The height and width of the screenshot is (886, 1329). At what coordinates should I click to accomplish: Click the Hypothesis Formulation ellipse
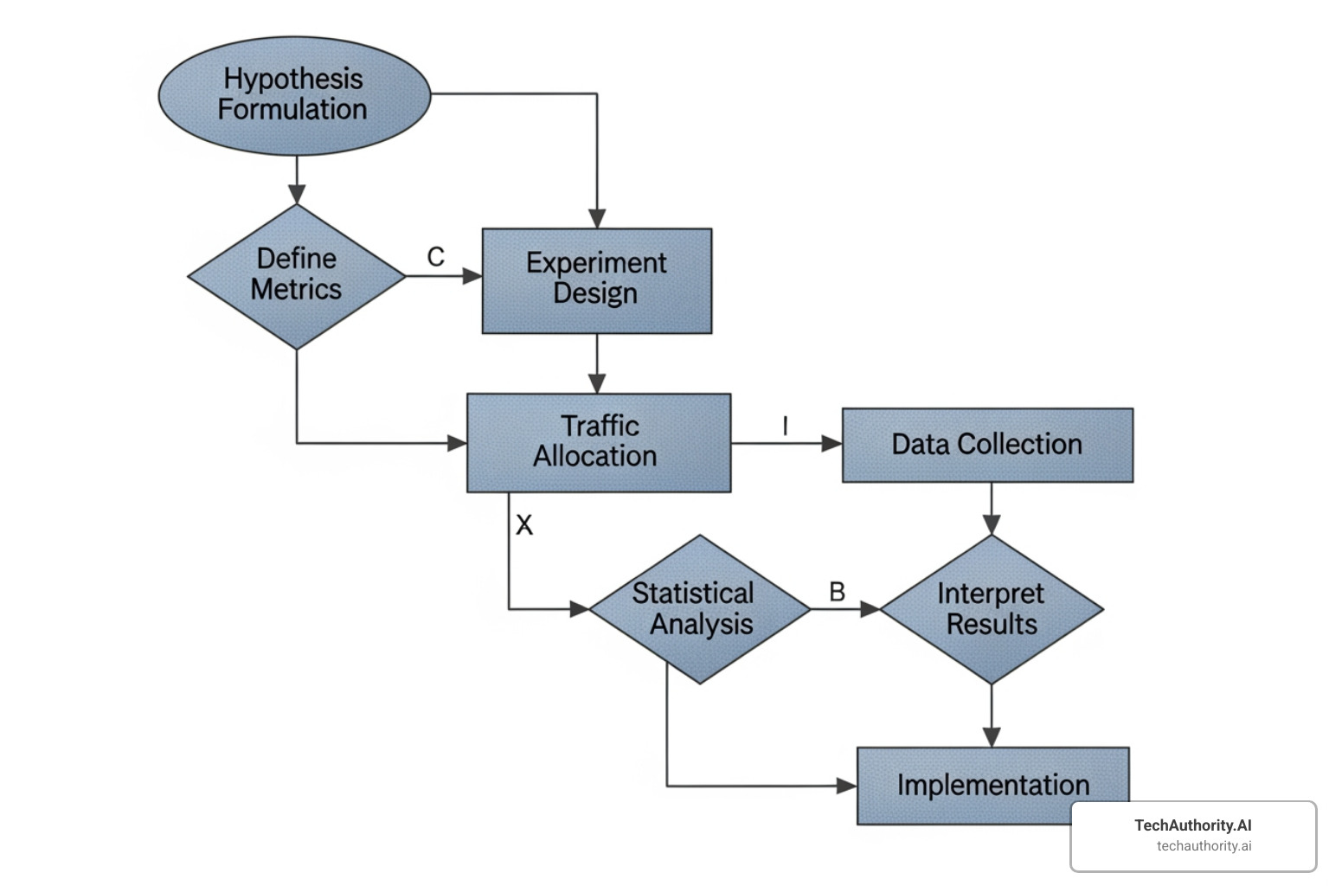tap(294, 95)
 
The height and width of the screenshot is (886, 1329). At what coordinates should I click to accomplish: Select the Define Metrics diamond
tap(296, 275)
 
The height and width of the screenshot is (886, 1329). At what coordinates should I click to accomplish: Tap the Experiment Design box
tap(596, 280)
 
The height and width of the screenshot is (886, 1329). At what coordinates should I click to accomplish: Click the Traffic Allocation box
tap(598, 442)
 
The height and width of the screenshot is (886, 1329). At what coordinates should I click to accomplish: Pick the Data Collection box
tap(986, 445)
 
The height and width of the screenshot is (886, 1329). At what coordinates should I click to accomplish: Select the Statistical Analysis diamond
tap(699, 609)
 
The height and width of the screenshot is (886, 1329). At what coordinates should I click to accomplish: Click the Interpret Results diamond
tap(991, 609)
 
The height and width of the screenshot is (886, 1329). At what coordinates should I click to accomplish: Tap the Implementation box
tap(992, 785)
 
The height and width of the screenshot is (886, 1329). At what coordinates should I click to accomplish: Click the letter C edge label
tap(435, 257)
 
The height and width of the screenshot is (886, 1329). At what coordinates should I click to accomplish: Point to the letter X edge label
tap(524, 525)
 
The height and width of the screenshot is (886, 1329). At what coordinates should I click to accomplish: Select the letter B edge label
tap(837, 592)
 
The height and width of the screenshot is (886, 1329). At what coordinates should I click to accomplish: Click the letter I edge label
tap(785, 426)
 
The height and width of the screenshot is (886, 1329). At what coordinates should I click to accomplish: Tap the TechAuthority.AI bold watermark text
tap(1192, 825)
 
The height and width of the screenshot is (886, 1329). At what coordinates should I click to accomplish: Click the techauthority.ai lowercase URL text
tap(1204, 846)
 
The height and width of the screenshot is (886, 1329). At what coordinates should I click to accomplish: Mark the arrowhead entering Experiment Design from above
tap(597, 218)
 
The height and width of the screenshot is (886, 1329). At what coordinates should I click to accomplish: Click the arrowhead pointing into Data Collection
tap(831, 444)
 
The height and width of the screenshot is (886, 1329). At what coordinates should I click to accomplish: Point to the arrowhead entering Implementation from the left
tap(846, 786)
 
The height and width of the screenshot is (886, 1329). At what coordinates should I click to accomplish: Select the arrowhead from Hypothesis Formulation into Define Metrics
tap(297, 194)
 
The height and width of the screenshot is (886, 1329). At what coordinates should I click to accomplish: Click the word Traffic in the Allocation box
tap(600, 426)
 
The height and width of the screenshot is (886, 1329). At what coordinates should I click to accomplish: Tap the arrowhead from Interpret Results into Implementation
tap(992, 736)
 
